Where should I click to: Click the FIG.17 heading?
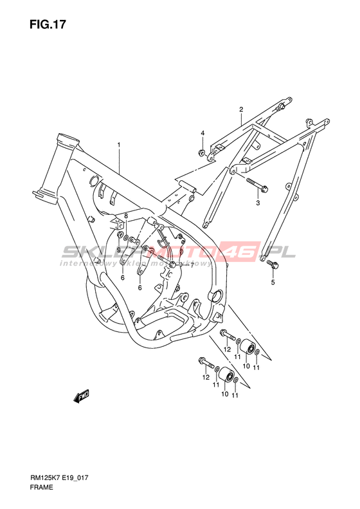tap(48, 24)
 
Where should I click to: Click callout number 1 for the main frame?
tap(119, 144)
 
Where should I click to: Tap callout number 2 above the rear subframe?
tap(241, 109)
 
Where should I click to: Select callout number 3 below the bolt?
tap(258, 203)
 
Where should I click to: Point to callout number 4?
tap(203, 133)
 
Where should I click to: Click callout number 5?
tap(273, 282)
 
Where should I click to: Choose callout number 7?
tap(192, 265)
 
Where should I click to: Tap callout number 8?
tap(126, 216)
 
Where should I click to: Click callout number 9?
tap(119, 250)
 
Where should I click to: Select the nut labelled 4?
tap(202, 153)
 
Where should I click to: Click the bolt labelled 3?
tap(257, 184)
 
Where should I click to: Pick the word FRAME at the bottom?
tap(42, 496)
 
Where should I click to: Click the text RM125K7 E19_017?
tap(60, 487)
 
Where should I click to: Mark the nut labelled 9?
tap(120, 235)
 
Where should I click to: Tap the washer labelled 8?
tap(126, 238)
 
